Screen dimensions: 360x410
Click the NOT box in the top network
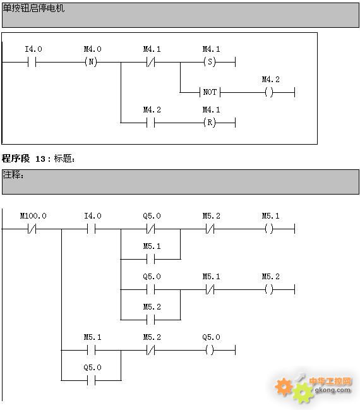(210, 92)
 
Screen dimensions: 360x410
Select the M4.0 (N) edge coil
(91, 62)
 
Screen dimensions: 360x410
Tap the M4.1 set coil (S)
(210, 62)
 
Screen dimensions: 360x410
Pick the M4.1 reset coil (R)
(210, 123)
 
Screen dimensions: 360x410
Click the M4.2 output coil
(269, 92)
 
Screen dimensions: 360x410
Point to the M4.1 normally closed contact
(150, 63)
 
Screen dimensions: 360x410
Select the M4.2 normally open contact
(150, 123)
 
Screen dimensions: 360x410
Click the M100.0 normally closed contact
(32, 229)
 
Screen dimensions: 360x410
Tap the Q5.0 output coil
(210, 350)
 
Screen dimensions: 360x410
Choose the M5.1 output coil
(269, 229)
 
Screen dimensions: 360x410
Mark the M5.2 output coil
(269, 289)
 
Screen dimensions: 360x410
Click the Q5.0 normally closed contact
(150, 229)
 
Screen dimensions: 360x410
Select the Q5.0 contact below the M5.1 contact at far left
(91, 380)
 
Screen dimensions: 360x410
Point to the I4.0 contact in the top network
(32, 63)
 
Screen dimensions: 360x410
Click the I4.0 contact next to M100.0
(91, 229)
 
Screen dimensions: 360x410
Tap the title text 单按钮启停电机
(33, 8)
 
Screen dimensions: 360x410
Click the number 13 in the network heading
(40, 159)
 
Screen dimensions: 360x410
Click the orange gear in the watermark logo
(284, 387)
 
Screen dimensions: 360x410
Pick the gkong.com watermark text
(333, 390)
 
